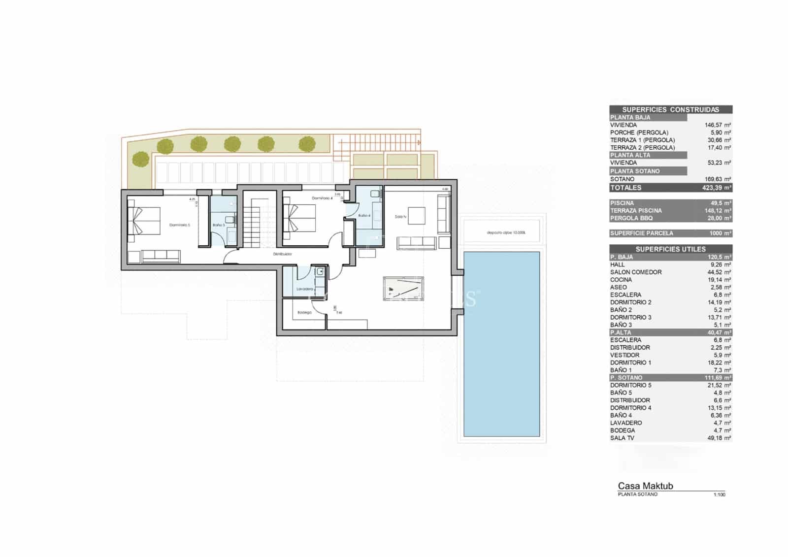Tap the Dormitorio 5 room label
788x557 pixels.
[x=179, y=225]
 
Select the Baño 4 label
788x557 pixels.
[x=364, y=216]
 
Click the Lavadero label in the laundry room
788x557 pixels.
[x=305, y=289]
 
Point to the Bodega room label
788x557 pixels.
[x=304, y=313]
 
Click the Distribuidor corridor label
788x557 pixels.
[x=283, y=254]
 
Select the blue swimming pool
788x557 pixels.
[x=502, y=343]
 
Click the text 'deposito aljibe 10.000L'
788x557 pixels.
[x=506, y=232]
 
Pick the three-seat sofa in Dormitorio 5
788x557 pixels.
[x=161, y=257]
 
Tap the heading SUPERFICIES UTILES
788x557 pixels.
[x=670, y=249]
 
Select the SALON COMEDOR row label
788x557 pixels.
[x=636, y=272]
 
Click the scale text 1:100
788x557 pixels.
[x=719, y=494]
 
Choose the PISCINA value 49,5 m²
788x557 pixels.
[x=720, y=203]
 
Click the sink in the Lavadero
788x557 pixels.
[x=320, y=271]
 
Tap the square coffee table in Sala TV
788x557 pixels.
[x=417, y=216]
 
